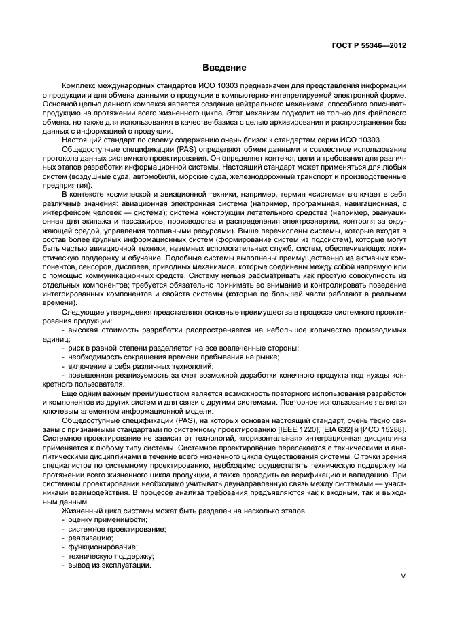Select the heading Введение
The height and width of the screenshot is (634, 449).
tap(223, 68)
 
